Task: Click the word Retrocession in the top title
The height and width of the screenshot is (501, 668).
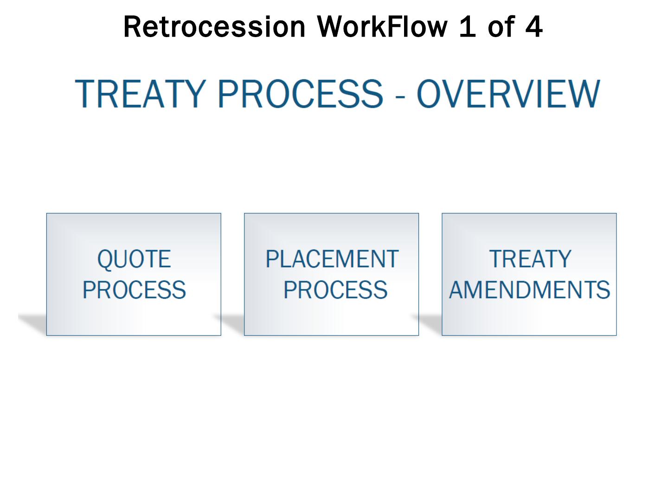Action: [x=214, y=27]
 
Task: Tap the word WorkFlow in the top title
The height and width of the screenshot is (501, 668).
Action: [x=382, y=27]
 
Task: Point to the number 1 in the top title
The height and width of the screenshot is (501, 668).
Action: [x=468, y=27]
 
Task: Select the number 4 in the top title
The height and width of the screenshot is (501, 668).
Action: [x=533, y=27]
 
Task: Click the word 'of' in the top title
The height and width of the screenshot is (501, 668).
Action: [x=502, y=27]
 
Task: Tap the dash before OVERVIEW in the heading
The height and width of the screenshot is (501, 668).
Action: [x=400, y=95]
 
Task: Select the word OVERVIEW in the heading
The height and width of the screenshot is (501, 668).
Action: [x=508, y=94]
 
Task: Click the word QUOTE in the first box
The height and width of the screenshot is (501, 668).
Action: [x=134, y=259]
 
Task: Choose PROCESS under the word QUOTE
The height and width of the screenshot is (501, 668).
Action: [x=134, y=290]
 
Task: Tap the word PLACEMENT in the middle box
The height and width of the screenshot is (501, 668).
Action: [x=332, y=259]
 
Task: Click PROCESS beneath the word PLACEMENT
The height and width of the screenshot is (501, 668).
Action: [x=335, y=290]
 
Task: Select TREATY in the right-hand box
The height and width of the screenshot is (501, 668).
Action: [x=530, y=259]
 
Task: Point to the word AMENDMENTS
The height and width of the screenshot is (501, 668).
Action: [x=529, y=290]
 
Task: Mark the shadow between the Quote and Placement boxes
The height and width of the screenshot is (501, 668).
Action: [x=232, y=322]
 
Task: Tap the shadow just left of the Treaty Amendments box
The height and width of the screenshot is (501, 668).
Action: [x=430, y=322]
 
